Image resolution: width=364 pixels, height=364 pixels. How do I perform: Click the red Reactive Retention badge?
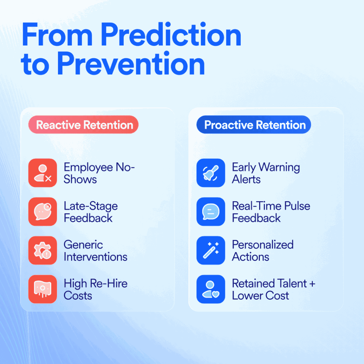(83, 125)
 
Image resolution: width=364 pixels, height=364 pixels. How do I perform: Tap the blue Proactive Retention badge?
(254, 125)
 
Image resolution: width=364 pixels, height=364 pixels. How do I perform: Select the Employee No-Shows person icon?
(43, 173)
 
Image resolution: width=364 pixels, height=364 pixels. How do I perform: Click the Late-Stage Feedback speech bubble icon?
(43, 212)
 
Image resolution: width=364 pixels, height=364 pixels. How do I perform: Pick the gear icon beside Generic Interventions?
(43, 251)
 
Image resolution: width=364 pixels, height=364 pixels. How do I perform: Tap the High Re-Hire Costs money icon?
(43, 289)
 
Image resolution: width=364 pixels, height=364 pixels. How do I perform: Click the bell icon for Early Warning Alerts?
(211, 173)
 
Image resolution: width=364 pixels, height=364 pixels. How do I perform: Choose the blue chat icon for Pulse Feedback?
(211, 212)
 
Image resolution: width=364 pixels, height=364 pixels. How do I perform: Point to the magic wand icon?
(211, 251)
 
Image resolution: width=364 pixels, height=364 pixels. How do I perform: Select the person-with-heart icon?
(211, 289)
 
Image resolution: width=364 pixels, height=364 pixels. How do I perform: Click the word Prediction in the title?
(171, 34)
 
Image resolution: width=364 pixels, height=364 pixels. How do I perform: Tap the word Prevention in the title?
(131, 63)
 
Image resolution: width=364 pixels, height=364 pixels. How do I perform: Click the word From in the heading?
(57, 34)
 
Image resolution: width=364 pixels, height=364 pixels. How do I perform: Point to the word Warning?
(279, 167)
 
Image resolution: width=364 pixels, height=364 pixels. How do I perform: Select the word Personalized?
(263, 245)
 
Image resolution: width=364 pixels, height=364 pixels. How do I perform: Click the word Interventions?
(96, 257)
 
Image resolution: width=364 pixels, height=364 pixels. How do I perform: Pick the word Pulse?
(297, 206)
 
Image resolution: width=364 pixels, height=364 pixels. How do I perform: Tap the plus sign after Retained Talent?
(312, 284)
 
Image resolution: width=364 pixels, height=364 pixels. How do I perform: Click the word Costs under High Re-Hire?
(78, 295)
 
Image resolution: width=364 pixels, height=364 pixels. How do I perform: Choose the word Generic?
(83, 245)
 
